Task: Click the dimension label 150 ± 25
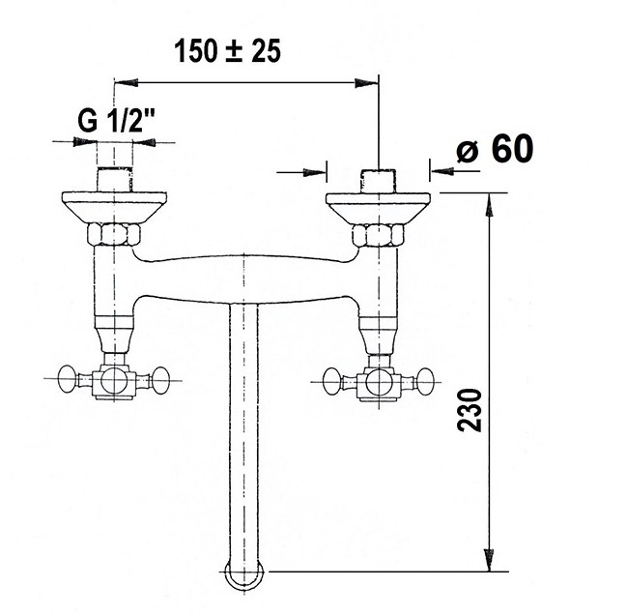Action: (x=228, y=51)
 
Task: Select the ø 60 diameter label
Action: (x=495, y=148)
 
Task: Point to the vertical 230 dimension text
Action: (x=470, y=409)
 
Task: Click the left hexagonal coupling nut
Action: (x=114, y=235)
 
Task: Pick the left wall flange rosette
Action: (x=114, y=207)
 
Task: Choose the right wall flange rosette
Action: (x=379, y=208)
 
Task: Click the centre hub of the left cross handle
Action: (x=114, y=381)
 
